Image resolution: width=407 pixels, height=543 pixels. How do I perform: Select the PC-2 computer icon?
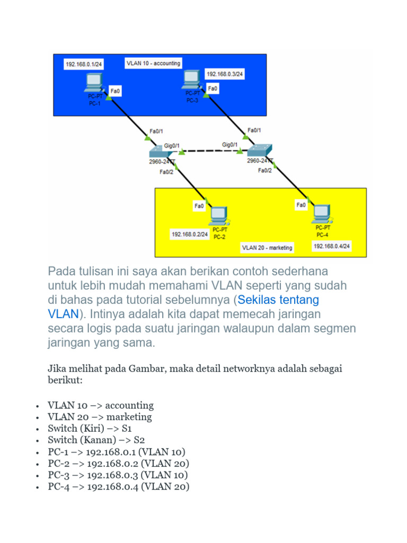coord(219,215)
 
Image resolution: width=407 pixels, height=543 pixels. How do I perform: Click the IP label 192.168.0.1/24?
coord(84,64)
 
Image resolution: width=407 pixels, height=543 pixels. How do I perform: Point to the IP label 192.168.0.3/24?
coord(225,74)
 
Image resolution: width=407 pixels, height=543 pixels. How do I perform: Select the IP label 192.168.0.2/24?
coord(189,234)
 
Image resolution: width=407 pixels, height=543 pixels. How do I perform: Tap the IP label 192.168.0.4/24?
coord(332,247)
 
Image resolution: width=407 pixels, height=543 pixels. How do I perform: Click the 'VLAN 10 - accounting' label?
coord(153,63)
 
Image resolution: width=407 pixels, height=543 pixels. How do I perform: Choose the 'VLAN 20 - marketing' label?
coord(267,247)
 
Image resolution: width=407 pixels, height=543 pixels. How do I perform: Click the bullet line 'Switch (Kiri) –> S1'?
coord(89,428)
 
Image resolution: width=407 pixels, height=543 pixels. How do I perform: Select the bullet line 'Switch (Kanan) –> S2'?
coord(96,440)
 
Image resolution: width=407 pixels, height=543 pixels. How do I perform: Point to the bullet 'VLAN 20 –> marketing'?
coord(100,417)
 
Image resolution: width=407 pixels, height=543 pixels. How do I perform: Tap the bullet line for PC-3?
coord(117,475)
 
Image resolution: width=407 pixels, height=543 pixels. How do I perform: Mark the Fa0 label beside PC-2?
coord(199,206)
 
